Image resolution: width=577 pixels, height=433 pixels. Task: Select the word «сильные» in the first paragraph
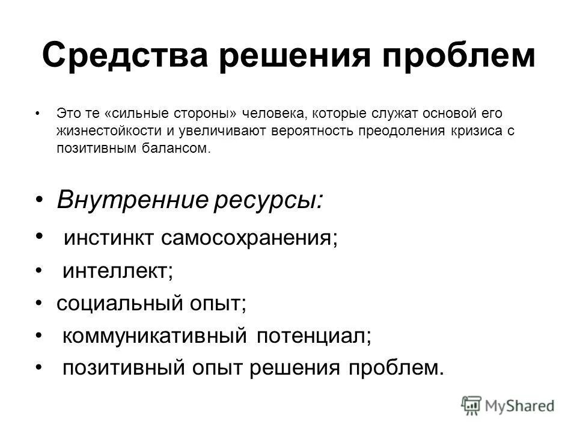click(x=138, y=114)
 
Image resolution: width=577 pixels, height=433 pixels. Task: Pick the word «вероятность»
click(x=324, y=131)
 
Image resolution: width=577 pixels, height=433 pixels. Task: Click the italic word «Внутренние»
click(x=131, y=200)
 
